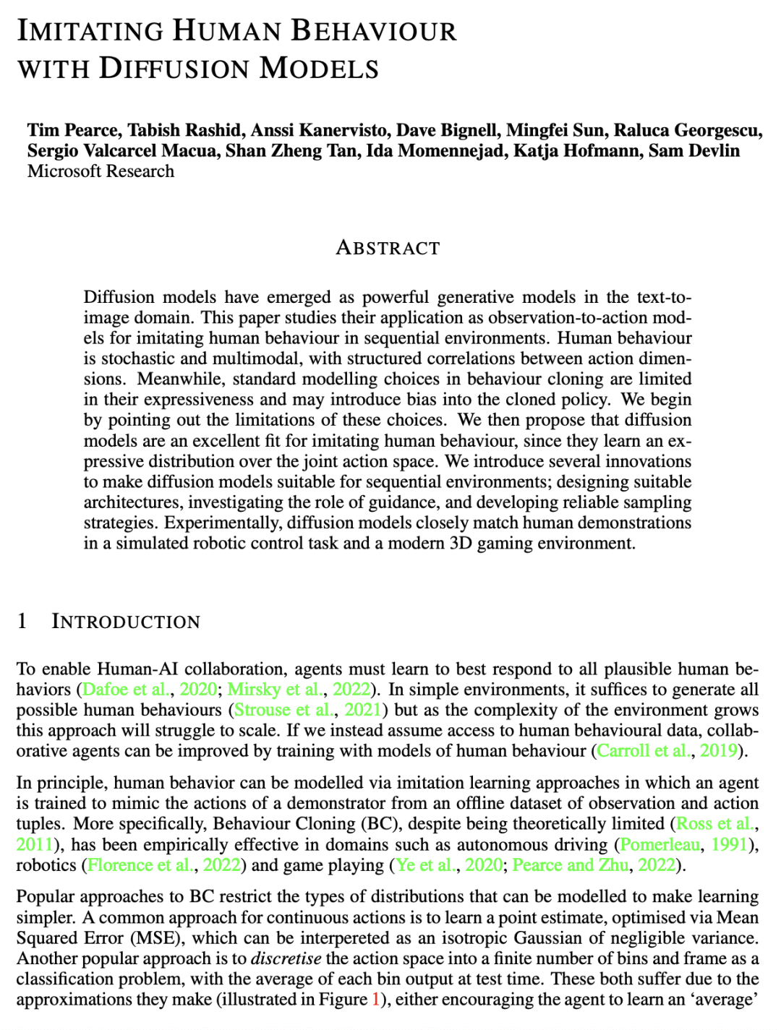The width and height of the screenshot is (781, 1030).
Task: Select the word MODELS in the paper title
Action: pos(319,69)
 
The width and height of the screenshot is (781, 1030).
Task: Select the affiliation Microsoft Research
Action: pos(101,171)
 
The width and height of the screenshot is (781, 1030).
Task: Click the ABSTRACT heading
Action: pos(388,248)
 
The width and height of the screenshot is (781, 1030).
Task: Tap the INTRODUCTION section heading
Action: pos(126,622)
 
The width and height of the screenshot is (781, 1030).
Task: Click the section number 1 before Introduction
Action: pos(22,622)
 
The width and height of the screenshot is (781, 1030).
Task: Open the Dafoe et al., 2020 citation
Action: pos(150,690)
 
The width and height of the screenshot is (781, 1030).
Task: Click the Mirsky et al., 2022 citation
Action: pos(299,690)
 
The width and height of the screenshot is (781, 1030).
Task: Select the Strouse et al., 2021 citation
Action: pos(307,710)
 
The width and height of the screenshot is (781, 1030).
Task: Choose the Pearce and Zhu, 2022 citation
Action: pos(594,865)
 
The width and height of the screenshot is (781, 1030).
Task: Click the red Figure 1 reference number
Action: pos(375,1000)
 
